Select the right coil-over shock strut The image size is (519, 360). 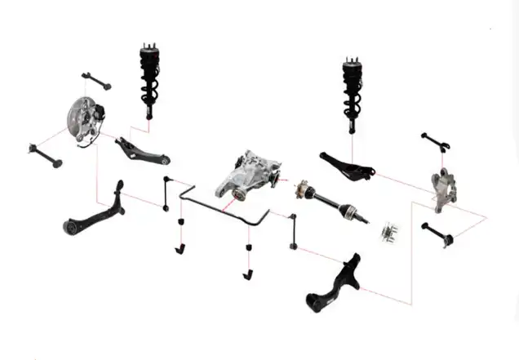[x=353, y=90]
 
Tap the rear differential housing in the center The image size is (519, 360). [x=247, y=175]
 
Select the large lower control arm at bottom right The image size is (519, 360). [x=334, y=285]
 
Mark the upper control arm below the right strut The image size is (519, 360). [x=346, y=164]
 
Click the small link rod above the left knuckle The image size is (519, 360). [x=96, y=80]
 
